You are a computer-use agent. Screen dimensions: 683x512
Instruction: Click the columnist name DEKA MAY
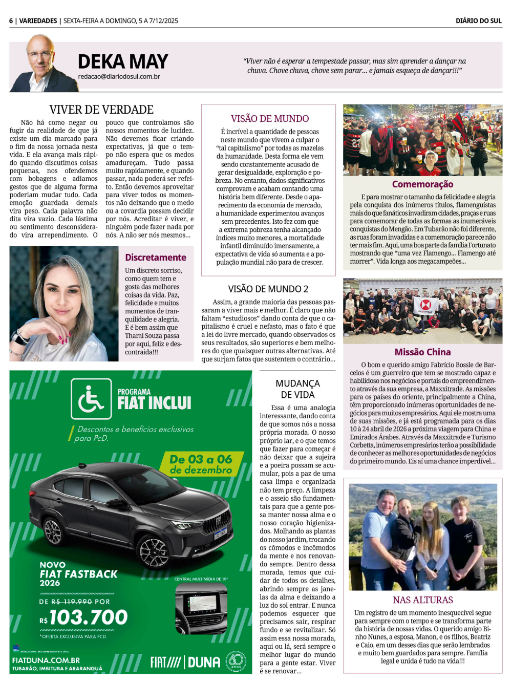(123, 62)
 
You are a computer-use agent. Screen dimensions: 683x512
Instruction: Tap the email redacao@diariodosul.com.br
(119, 77)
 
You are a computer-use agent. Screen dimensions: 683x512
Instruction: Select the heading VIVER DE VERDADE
(101, 110)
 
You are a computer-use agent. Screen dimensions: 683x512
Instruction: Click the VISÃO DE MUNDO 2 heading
(268, 289)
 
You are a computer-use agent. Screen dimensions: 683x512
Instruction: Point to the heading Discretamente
(156, 258)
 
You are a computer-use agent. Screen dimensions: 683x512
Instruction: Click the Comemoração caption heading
(422, 184)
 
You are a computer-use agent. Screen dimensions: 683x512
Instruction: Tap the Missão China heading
(422, 352)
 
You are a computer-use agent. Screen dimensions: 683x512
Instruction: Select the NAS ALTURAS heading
(423, 600)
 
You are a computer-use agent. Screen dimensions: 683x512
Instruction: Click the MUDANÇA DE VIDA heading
(297, 389)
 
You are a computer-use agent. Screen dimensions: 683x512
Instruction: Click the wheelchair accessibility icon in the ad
(91, 399)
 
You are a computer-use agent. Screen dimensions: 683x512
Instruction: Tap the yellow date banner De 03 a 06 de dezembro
(201, 464)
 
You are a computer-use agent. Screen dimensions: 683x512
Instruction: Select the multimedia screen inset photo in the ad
(201, 609)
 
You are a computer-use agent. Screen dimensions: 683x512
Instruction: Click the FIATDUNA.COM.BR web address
(46, 660)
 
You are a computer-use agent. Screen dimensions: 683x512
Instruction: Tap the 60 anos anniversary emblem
(236, 661)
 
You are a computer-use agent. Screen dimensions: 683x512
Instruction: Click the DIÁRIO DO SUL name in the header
(478, 21)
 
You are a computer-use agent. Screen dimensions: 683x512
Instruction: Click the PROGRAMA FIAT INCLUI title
(154, 400)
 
